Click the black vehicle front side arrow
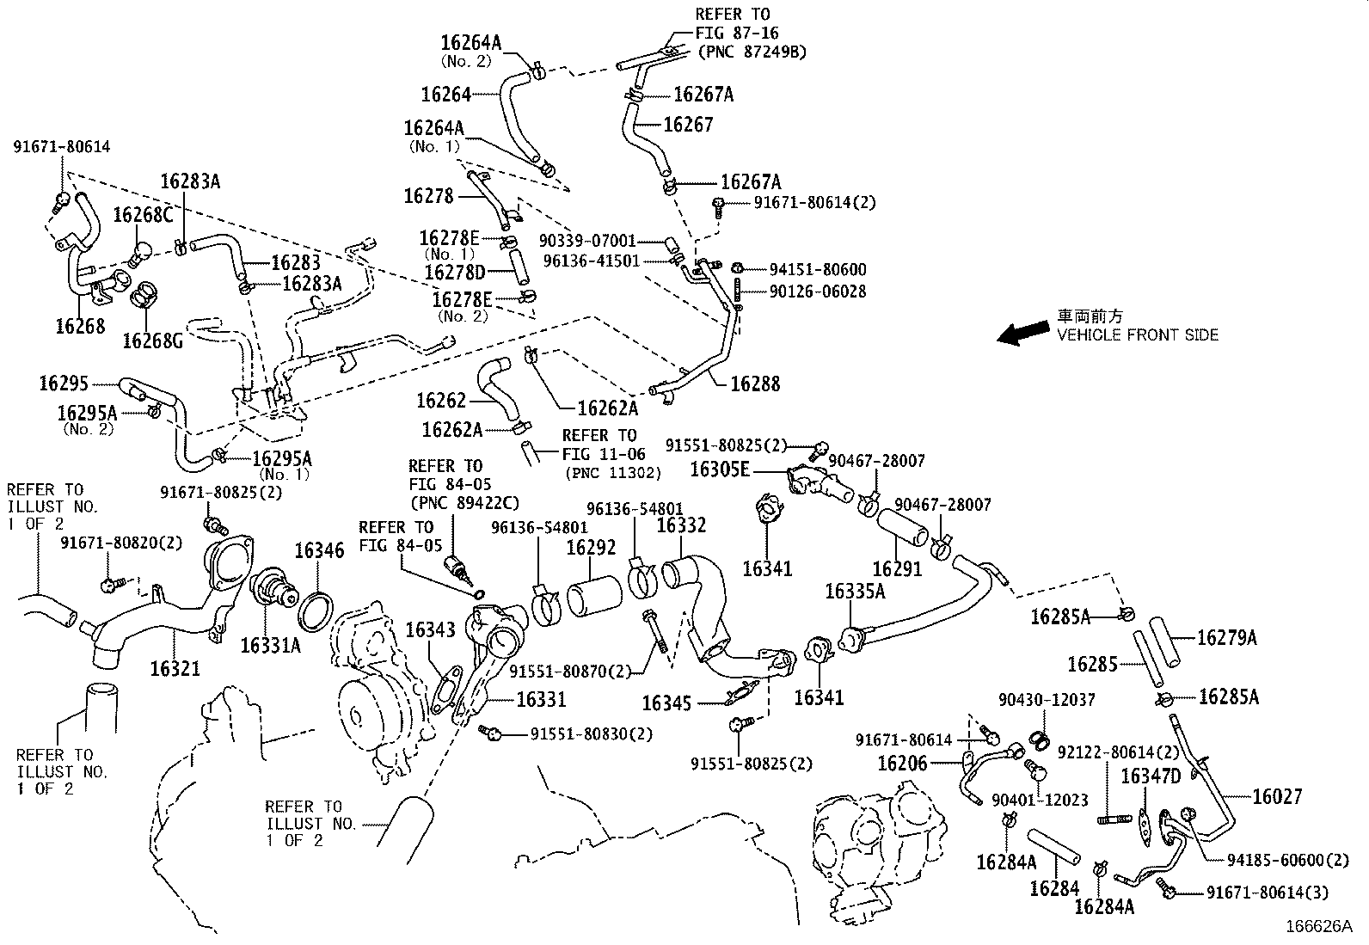(x=1022, y=334)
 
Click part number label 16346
(x=319, y=551)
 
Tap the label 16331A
(x=270, y=645)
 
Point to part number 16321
(x=175, y=668)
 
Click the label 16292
(x=591, y=547)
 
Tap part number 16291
(x=896, y=568)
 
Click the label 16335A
(x=855, y=591)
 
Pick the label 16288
(x=755, y=384)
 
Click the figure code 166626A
(x=1318, y=927)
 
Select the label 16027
(x=1277, y=796)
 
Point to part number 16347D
(x=1151, y=777)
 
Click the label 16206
(x=902, y=763)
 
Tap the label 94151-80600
(x=817, y=270)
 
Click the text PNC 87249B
(x=751, y=52)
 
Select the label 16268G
(x=152, y=341)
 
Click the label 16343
(x=430, y=630)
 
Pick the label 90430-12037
(x=1047, y=700)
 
